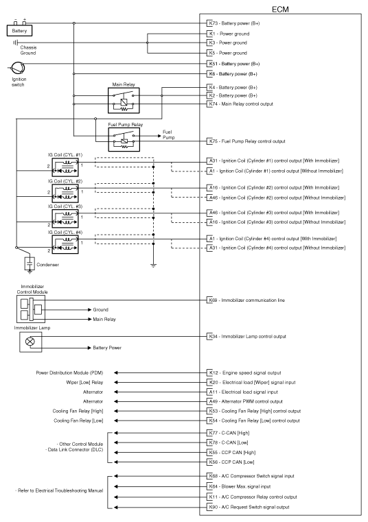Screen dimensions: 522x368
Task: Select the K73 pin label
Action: pos(212,23)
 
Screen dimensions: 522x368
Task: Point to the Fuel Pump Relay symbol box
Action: pos(124,140)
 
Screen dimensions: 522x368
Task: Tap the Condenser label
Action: pos(47,264)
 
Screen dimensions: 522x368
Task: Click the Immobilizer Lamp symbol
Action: pos(29,341)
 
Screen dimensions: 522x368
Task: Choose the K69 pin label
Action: pos(212,300)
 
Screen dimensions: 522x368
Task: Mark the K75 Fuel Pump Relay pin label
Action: pos(212,141)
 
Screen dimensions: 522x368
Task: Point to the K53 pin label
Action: pos(212,410)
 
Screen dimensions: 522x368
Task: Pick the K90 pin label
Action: pos(212,506)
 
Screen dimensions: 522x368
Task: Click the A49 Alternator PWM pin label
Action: pos(212,401)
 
